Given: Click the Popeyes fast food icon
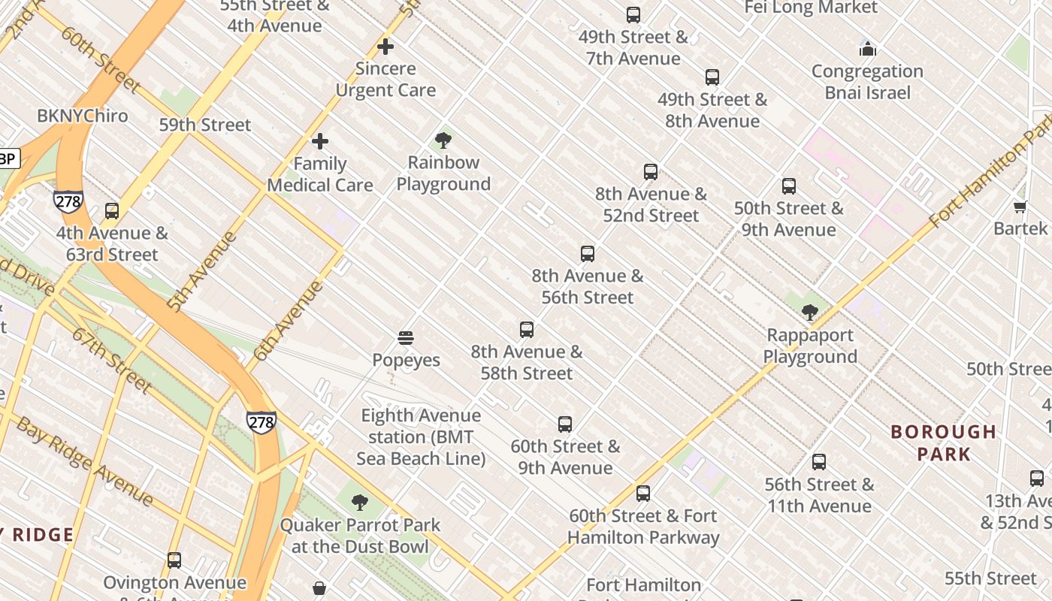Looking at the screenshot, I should (406, 338).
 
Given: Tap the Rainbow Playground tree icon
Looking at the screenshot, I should (443, 140).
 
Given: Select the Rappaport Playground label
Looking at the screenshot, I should (810, 346).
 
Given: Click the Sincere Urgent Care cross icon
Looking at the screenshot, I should (385, 47).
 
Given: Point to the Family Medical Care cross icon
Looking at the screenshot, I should (320, 141).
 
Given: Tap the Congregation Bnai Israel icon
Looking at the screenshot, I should (868, 50).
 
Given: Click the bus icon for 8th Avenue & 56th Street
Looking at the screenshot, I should (588, 254).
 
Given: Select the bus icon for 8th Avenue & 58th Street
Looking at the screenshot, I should (527, 330).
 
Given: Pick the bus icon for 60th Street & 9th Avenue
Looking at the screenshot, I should (565, 424).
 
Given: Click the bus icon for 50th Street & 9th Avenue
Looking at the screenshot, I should (789, 186).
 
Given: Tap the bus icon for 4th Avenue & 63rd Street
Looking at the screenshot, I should (112, 211).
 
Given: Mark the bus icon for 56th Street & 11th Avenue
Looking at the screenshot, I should (819, 462).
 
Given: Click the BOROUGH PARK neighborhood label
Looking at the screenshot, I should (943, 442).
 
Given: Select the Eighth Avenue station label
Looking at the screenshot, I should (421, 436).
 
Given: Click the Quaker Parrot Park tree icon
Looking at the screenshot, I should (360, 503).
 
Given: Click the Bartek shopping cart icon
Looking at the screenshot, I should (1020, 207).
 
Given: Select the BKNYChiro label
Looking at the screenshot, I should (83, 116).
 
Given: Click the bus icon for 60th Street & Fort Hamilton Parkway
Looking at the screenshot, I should (643, 494).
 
